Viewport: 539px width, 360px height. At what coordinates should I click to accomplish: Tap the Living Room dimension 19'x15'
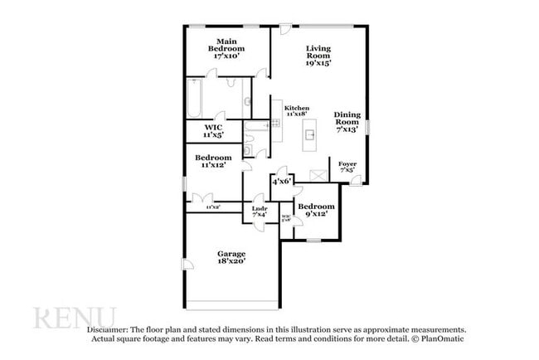(x=318, y=62)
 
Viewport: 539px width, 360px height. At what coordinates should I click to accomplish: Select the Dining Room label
(x=347, y=118)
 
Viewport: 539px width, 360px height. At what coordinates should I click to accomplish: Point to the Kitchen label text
(x=296, y=109)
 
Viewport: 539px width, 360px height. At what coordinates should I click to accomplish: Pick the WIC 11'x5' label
(x=213, y=131)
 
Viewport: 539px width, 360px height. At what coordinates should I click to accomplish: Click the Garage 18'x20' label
(x=232, y=257)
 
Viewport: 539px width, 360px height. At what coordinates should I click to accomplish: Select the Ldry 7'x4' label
(x=259, y=212)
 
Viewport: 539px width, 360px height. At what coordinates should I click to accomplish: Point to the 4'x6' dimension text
(x=282, y=181)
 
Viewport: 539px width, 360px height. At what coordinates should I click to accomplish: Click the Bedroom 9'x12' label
(x=316, y=210)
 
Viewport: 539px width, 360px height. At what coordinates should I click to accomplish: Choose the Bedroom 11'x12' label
(x=213, y=161)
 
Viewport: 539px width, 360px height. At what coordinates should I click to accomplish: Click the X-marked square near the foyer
(x=317, y=174)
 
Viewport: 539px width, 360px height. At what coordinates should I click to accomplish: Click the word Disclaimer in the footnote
(x=111, y=329)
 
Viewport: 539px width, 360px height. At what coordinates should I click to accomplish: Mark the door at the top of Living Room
(x=284, y=30)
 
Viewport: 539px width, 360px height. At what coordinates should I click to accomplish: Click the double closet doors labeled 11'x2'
(x=201, y=199)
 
